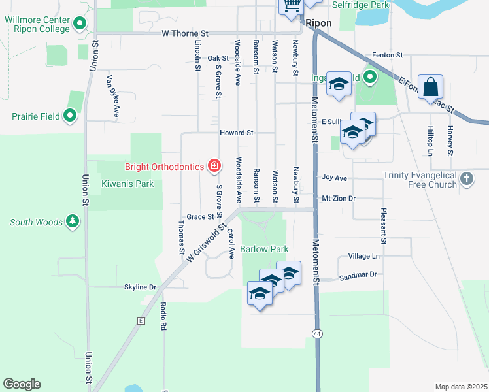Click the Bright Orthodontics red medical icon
click(x=214, y=167)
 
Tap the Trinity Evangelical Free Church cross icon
click(x=466, y=178)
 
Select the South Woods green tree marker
click(x=72, y=223)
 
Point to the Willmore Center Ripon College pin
click(x=80, y=25)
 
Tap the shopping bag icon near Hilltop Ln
click(x=430, y=87)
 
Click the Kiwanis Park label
click(x=127, y=184)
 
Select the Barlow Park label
click(x=264, y=249)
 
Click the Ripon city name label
click(x=318, y=23)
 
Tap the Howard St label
click(x=236, y=133)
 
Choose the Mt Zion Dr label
click(x=339, y=198)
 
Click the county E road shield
click(x=140, y=321)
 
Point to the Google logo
click(x=22, y=384)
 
